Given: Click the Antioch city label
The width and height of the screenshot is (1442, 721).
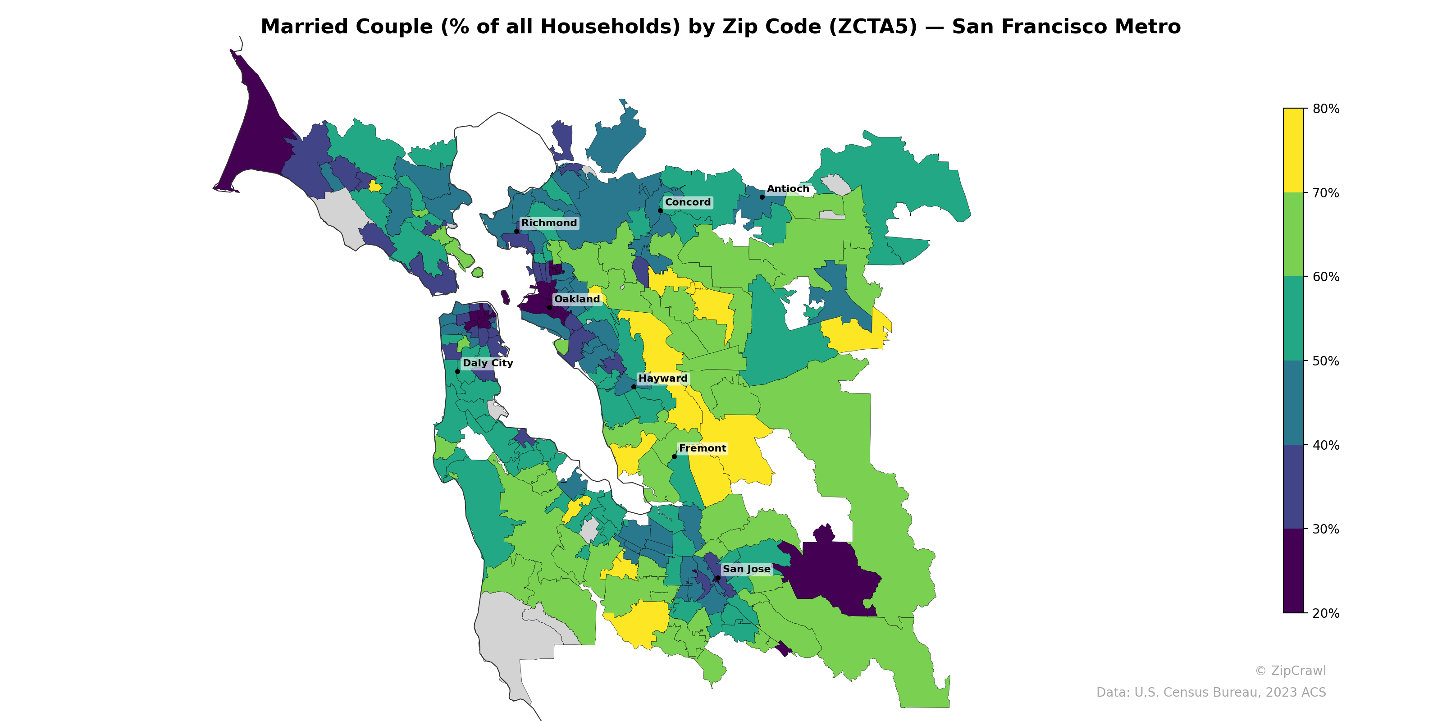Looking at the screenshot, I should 788,189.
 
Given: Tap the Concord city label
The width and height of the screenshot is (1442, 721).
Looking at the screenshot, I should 687,202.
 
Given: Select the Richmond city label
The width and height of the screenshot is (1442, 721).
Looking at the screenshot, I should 548,223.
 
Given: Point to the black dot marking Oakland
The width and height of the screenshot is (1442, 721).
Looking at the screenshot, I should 549,307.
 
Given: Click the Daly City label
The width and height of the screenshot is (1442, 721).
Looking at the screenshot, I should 488,363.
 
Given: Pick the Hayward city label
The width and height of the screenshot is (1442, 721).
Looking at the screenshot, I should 663,379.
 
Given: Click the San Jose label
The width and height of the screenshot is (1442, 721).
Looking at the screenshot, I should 746,569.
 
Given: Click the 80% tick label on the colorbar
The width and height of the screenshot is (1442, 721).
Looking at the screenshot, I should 1326,109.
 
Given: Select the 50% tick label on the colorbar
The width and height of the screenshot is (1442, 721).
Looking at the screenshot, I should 1326,361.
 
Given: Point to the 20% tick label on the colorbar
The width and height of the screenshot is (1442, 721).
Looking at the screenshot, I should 1326,613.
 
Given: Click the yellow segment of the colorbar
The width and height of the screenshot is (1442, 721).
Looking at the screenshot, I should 1293,150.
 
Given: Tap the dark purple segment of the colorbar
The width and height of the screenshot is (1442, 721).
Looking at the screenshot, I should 1293,571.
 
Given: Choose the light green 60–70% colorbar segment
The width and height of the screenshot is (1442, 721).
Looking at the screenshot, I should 1293,234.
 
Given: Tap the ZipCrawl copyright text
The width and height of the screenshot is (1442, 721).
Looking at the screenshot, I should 1290,671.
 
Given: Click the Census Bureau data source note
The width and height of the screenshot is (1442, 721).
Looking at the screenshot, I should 1210,693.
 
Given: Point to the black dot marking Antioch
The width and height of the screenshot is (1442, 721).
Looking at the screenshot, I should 762,197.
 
